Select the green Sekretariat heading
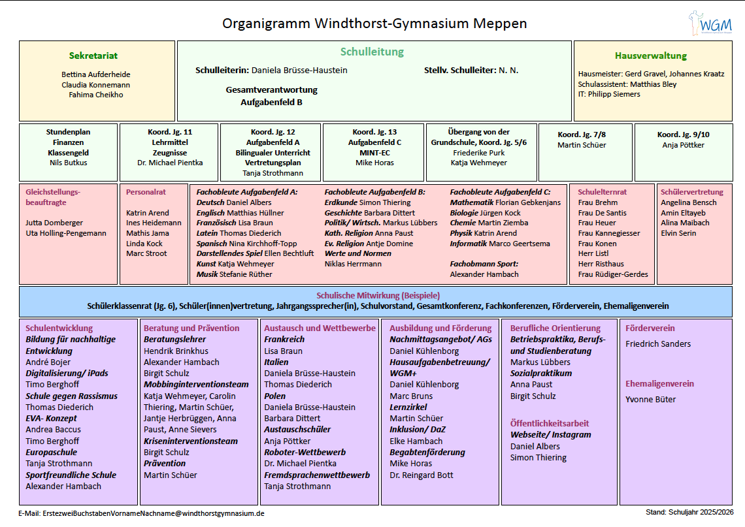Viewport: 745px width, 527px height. tap(93, 56)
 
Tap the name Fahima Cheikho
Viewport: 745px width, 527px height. tap(96, 95)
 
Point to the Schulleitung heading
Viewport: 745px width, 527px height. tap(372, 52)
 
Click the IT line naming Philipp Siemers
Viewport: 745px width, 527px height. tap(609, 94)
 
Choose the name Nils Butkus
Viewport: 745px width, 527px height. tap(68, 163)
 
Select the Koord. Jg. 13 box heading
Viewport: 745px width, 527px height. tap(374, 132)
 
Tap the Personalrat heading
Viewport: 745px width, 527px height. tap(146, 192)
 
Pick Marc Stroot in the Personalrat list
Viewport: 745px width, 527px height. tap(146, 253)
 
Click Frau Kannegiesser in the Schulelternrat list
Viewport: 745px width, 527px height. tap(608, 233)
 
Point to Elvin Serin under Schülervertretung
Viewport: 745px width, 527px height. tap(678, 233)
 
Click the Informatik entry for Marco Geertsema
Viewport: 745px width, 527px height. tap(500, 244)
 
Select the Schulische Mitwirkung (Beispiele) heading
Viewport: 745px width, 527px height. tap(378, 295)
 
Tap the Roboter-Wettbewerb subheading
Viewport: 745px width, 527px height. tap(305, 452)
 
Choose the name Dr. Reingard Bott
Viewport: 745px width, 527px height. tap(421, 475)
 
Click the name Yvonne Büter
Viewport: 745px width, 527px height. tap(650, 399)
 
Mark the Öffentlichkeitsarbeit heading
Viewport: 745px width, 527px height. tap(550, 423)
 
